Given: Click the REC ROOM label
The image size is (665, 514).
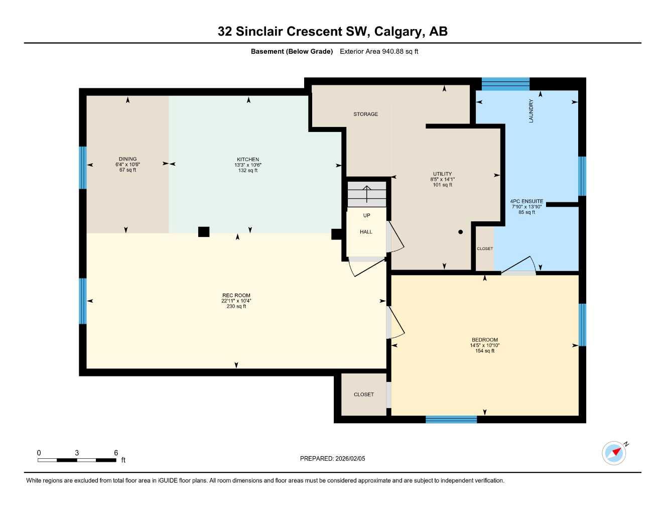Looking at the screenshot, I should click(x=236, y=296).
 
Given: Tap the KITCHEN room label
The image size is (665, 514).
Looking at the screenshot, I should click(x=248, y=160).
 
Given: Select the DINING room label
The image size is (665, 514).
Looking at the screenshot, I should click(x=127, y=159).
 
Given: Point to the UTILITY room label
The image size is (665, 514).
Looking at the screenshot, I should click(x=442, y=174).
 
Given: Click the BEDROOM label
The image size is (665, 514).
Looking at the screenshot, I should click(x=484, y=340).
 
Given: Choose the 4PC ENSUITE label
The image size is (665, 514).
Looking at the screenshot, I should click(x=526, y=201).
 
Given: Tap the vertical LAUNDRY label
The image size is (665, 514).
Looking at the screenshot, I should click(x=531, y=111).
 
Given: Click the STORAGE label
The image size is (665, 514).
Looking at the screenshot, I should click(x=365, y=114).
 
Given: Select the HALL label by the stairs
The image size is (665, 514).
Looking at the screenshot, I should click(x=366, y=232).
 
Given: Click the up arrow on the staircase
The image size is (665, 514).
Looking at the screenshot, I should click(x=367, y=193).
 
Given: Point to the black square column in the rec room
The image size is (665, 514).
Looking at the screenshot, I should click(x=203, y=231).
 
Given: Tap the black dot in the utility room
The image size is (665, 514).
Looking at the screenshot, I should click(x=460, y=232).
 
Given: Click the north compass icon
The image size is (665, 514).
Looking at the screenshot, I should click(x=614, y=453).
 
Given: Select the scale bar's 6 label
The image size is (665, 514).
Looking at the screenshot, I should click(x=116, y=453).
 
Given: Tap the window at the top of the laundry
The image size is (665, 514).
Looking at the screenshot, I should click(x=505, y=84).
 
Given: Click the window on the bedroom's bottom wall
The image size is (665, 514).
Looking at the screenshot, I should click(x=451, y=420).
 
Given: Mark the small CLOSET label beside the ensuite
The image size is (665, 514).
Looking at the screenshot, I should click(x=485, y=249).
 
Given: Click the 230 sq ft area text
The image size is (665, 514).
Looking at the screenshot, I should click(x=236, y=306).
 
